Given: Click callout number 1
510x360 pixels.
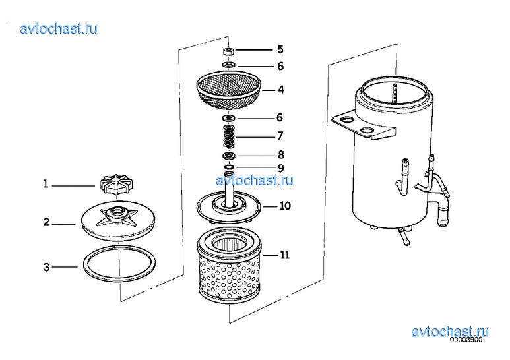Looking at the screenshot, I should [46, 184].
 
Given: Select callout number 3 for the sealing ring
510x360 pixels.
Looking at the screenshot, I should [46, 267].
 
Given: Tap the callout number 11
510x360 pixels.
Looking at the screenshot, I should [284, 255].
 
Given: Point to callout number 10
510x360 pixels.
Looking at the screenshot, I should [284, 206].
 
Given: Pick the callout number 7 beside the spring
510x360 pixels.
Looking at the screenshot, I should [280, 136].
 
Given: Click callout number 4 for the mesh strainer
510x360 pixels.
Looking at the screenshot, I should [280, 89].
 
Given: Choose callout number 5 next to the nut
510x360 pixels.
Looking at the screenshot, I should [280, 49].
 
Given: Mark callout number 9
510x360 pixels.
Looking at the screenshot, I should [280, 168].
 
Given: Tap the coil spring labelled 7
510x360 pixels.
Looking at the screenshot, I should [228, 136].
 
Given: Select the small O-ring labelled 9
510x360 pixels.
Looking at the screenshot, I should [229, 167].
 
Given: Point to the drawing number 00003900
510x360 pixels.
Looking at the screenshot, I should [466, 341].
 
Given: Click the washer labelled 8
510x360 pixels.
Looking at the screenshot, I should [229, 156].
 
